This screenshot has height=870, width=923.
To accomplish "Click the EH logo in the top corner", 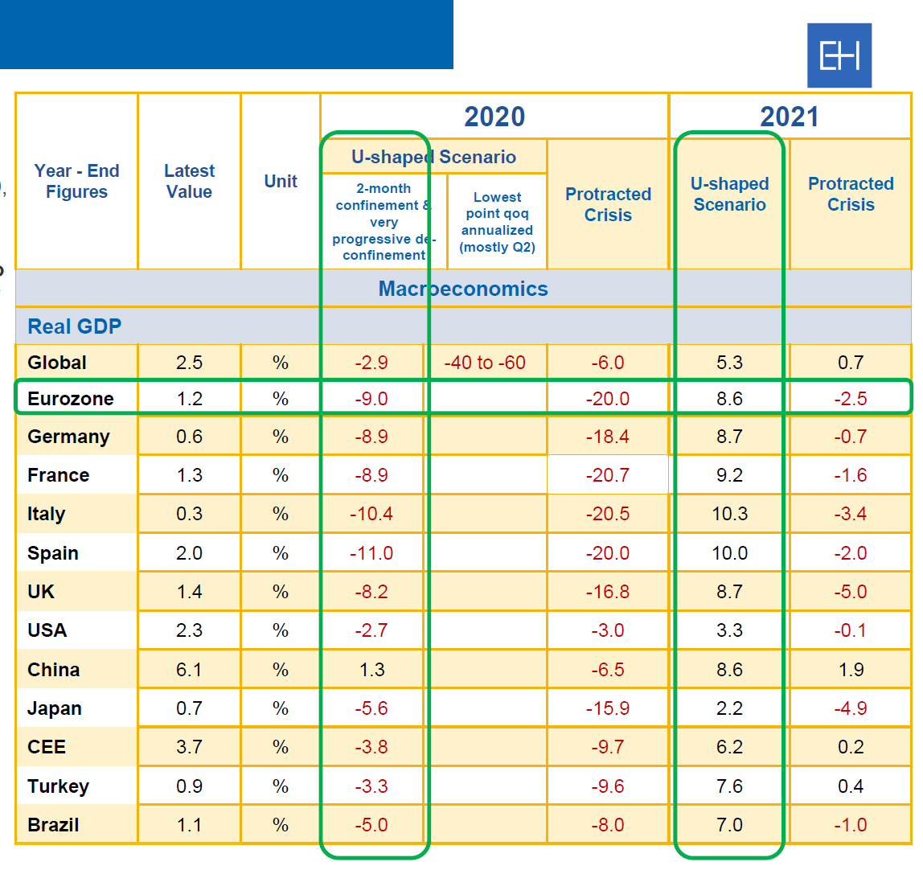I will click(839, 55).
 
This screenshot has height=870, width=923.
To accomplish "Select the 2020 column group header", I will click(494, 117).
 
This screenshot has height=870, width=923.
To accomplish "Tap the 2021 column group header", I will click(790, 117).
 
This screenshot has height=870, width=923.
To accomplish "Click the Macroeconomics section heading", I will click(463, 289).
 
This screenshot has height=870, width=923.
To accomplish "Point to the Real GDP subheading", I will click(75, 326).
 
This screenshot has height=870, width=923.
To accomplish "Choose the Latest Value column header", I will click(189, 182).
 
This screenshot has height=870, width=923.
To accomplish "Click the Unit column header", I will click(281, 182).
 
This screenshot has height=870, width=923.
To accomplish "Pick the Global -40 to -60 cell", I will click(485, 363).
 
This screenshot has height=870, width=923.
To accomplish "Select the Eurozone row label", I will click(71, 399).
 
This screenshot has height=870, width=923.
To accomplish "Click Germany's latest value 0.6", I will click(189, 437).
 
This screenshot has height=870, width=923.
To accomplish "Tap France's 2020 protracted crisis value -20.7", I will click(607, 475).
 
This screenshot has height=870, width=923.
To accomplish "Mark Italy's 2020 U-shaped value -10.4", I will click(371, 514).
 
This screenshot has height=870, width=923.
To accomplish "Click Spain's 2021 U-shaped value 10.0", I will click(729, 553).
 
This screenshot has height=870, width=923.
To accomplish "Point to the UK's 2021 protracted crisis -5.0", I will click(851, 592).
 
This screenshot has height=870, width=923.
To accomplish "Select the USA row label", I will click(47, 630).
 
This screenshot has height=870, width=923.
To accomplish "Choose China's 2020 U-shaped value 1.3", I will click(371, 670).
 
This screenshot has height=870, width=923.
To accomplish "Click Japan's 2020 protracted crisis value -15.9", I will click(607, 708).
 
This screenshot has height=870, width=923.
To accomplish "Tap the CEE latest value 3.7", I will click(189, 747).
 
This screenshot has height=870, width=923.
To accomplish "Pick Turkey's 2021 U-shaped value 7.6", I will click(729, 786).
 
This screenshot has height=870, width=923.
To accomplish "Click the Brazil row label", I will click(53, 825).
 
